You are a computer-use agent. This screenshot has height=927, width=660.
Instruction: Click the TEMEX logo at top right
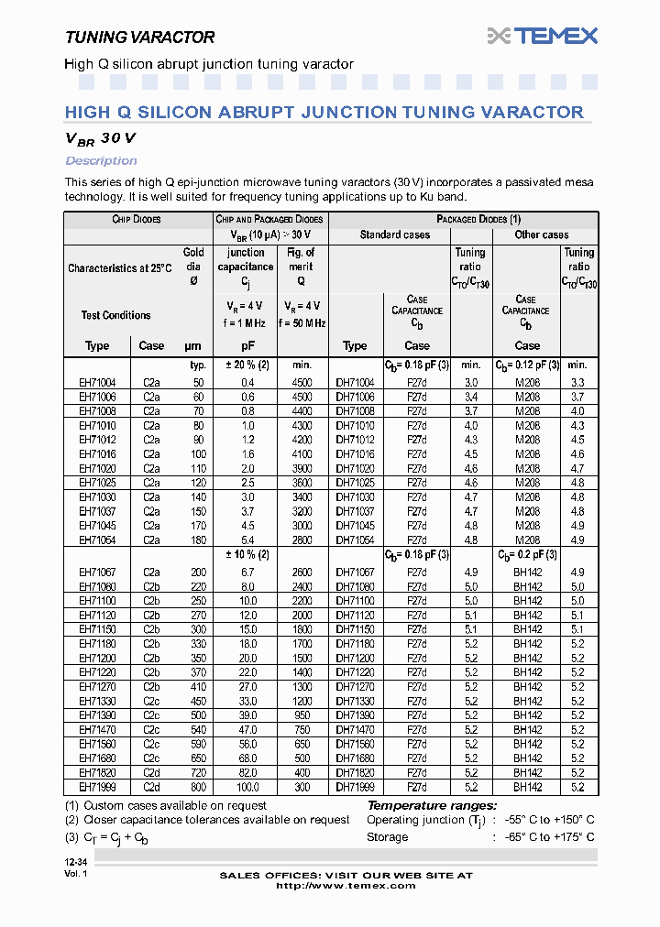(543, 36)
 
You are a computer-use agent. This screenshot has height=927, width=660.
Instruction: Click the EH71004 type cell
(97, 382)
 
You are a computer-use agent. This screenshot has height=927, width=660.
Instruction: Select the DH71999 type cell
(356, 786)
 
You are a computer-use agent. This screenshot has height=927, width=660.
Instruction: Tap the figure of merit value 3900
(302, 468)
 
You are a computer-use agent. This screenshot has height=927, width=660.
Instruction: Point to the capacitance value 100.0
(247, 786)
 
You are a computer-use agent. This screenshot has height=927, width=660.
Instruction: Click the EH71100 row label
(97, 601)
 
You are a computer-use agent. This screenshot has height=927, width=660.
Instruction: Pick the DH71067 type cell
(356, 573)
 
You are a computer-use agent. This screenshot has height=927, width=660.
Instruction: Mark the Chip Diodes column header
(137, 220)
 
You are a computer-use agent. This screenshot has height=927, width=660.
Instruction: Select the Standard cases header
(395, 235)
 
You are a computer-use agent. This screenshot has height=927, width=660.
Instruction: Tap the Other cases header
(541, 235)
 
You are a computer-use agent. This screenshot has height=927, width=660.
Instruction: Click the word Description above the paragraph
(101, 161)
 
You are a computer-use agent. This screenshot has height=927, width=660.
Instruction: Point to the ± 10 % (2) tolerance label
(247, 555)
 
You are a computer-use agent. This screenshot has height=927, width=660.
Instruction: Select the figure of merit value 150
(302, 786)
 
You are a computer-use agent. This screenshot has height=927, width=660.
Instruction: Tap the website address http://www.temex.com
(346, 886)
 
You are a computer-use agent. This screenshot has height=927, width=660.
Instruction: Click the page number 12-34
(77, 863)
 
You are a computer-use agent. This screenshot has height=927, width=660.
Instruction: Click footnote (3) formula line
(119, 837)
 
